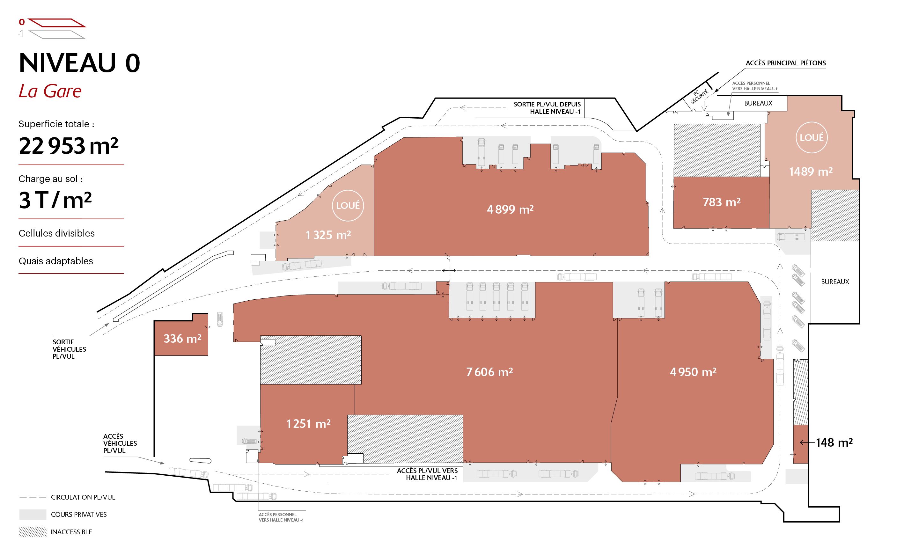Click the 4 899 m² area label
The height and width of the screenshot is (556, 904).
510,209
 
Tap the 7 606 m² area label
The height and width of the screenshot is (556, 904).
489,372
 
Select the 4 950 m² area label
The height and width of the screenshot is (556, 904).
693,372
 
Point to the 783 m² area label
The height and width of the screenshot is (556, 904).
722,202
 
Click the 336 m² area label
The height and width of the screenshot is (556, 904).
182,338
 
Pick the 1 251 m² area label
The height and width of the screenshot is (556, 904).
309,424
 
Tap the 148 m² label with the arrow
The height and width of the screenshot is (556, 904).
827,443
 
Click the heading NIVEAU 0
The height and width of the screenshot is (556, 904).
79,63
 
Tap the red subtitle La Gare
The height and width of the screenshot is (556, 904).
50,91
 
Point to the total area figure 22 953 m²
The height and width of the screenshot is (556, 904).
69,146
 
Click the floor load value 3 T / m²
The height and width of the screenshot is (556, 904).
55,201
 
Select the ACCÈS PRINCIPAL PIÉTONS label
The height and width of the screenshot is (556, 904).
786,63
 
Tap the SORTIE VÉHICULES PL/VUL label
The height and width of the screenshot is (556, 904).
69,349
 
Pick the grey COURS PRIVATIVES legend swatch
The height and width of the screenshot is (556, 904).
33,515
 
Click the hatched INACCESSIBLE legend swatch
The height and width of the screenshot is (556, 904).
33,532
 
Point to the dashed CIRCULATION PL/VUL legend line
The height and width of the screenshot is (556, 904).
33,497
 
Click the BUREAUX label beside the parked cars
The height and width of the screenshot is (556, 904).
835,282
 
